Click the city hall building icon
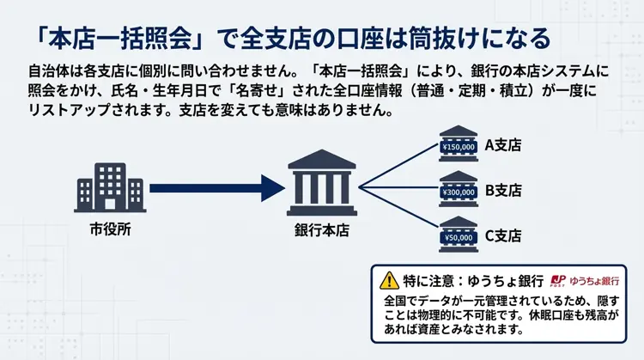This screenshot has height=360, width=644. click(x=110, y=185)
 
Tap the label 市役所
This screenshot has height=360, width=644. click(x=110, y=230)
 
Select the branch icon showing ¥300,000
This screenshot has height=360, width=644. click(x=458, y=191)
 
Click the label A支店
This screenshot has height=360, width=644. click(x=503, y=145)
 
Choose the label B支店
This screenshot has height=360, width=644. click(x=503, y=190)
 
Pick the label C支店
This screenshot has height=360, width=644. click(x=503, y=235)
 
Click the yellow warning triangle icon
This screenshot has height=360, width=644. click(x=390, y=280)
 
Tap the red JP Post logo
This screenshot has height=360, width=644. click(x=558, y=280)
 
